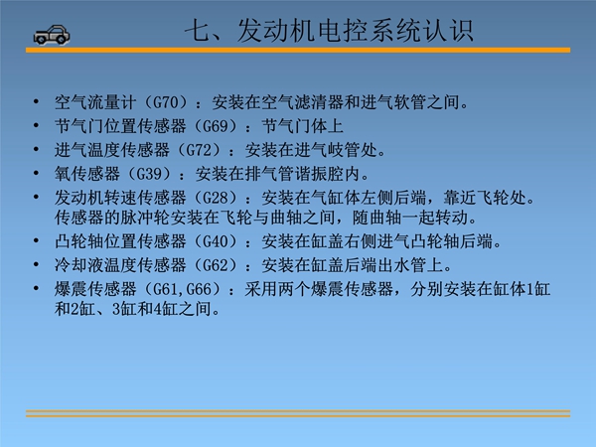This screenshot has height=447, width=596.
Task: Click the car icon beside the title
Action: click(52, 36)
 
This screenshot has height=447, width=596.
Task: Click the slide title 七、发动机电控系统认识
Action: click(329, 31)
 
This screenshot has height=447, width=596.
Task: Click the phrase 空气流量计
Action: click(95, 102)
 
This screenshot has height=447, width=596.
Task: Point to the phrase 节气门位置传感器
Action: click(120, 126)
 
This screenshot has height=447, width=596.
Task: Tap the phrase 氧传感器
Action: click(87, 174)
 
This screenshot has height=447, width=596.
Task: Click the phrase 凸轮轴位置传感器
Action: click(120, 241)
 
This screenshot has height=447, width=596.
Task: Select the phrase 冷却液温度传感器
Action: click(120, 265)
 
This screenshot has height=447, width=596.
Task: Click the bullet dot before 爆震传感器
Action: click(36, 288)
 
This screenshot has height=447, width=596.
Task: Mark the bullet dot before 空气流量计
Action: click(36, 101)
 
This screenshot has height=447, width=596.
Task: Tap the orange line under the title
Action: click(298, 51)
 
